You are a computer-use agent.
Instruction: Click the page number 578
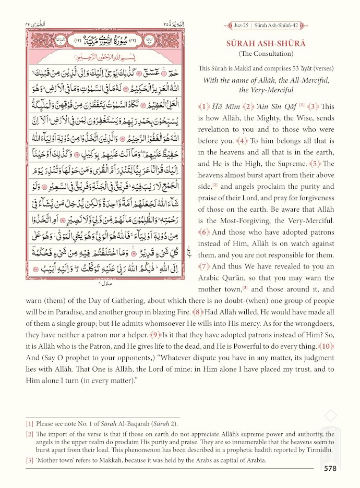330,469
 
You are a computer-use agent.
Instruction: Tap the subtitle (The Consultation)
266,54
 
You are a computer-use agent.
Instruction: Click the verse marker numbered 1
203,106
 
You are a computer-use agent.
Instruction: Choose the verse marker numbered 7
203,266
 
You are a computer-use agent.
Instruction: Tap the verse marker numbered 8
197,312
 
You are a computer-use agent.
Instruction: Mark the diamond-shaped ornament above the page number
330,416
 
